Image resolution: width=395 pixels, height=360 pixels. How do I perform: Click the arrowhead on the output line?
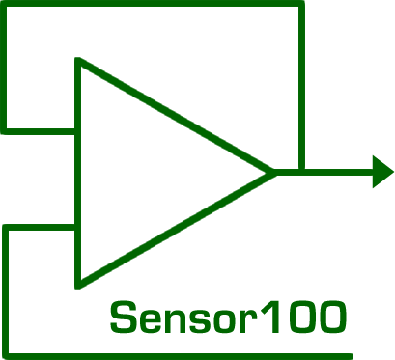[x=382, y=172]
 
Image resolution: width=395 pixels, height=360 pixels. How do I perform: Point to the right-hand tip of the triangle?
[x=273, y=172]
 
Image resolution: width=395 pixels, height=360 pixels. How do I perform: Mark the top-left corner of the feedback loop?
[x=5, y=4]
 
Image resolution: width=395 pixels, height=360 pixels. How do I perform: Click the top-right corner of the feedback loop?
[x=302, y=4]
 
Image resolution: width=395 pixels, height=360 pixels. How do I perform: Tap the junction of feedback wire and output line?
[x=302, y=172]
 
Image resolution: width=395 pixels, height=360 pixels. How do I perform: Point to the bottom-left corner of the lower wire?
[x=6, y=351]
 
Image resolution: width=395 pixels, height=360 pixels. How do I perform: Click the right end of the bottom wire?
[x=353, y=351]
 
